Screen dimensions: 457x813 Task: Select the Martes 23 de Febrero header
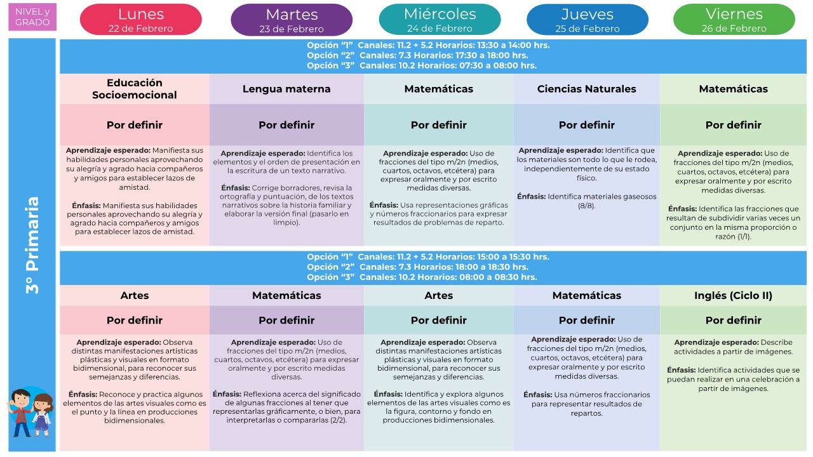click(292, 20)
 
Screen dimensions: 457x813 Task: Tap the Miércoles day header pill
click(440, 20)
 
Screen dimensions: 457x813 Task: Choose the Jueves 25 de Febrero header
click(587, 20)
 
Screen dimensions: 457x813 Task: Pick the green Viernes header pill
click(734, 20)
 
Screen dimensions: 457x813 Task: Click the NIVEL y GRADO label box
click(32, 17)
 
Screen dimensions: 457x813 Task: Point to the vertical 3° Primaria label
click(32, 244)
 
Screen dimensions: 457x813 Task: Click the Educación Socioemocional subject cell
click(134, 89)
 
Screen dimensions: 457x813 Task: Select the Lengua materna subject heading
click(286, 89)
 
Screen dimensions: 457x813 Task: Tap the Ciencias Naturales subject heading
click(586, 89)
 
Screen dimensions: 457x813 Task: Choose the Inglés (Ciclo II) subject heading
click(733, 295)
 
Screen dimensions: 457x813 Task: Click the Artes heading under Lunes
click(134, 295)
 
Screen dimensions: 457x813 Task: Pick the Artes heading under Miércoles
click(438, 295)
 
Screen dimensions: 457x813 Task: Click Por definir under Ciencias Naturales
click(586, 125)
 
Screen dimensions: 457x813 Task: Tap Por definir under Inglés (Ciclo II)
click(733, 320)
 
